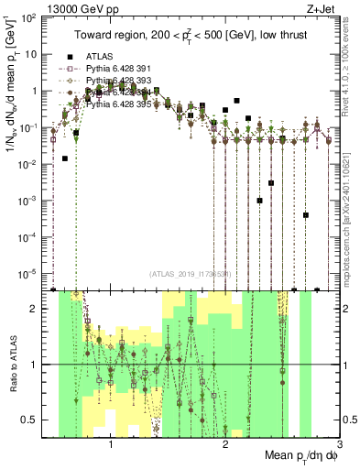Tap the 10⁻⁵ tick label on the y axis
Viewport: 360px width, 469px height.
(x=30, y=272)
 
